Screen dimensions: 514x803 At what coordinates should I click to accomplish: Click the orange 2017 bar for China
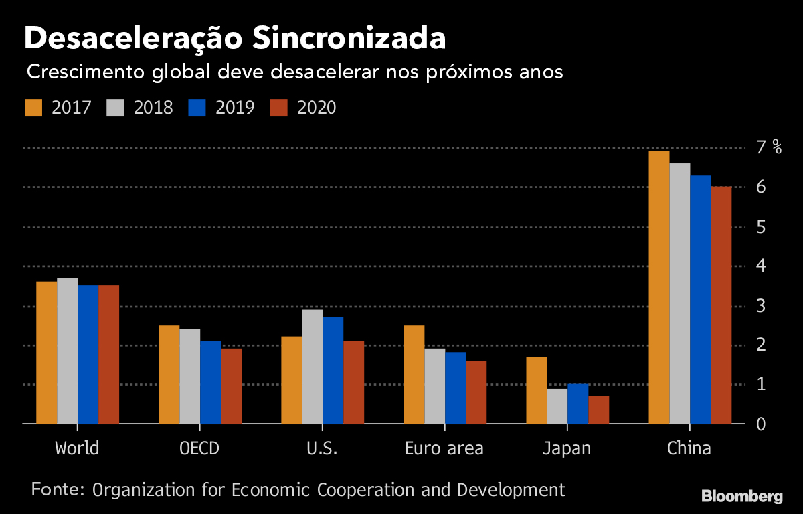659,288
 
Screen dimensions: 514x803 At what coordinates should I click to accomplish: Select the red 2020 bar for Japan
599,410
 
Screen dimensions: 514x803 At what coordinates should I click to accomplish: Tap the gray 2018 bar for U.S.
313,367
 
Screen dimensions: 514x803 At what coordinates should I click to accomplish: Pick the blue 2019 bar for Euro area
455,388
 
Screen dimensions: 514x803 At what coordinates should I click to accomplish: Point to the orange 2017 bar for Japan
537,391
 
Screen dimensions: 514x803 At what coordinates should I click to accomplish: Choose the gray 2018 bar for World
67,351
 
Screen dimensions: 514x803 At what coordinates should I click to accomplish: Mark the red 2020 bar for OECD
231,386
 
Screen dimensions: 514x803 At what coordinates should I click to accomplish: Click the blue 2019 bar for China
701,300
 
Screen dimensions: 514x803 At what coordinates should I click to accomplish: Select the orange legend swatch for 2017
34,108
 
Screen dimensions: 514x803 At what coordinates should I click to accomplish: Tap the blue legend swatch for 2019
198,108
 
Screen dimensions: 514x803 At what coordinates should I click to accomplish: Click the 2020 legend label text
317,108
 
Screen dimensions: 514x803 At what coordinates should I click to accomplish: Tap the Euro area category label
444,448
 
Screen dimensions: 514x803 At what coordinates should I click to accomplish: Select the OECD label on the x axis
199,448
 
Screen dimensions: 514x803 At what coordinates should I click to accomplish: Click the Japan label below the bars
567,448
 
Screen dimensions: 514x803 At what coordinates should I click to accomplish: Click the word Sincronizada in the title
349,39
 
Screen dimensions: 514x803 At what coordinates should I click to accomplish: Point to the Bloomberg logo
741,497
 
